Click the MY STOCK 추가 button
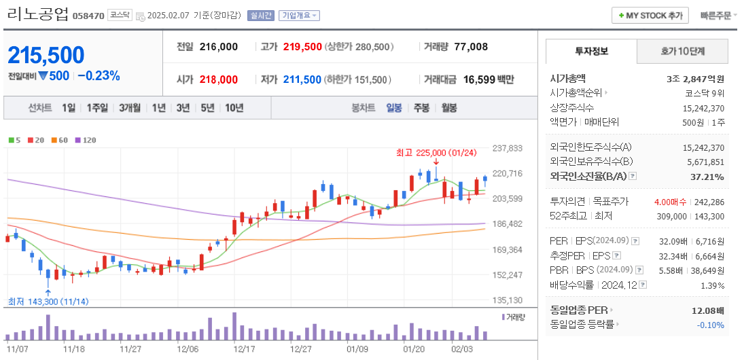650,16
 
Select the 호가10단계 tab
683,51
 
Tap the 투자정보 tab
591,51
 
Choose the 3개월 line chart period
129,108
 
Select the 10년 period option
234,108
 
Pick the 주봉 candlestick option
421,108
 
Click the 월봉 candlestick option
448,108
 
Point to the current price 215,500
46,55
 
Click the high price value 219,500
302,47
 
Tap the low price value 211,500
302,79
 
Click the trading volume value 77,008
470,47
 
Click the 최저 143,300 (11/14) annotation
48,301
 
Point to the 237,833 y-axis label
508,148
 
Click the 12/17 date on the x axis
243,348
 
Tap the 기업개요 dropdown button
300,16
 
